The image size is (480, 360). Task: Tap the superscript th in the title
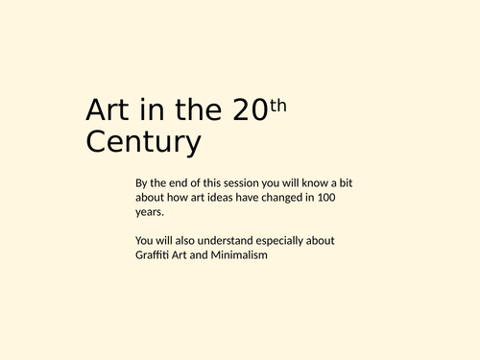click(x=277, y=105)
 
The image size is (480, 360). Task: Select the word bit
click(x=348, y=182)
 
